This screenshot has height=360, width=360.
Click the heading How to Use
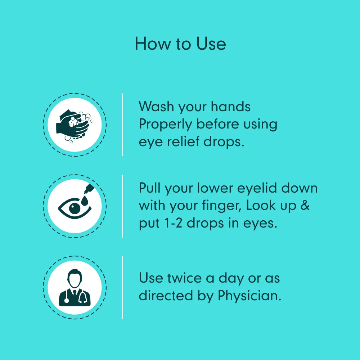180,44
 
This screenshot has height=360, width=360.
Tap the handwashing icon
75,125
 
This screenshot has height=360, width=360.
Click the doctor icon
75,287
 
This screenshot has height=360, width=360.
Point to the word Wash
156,107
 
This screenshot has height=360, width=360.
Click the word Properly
165,125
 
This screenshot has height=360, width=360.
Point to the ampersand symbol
305,205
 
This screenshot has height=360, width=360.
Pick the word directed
166,295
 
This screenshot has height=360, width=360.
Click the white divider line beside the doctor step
123,287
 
